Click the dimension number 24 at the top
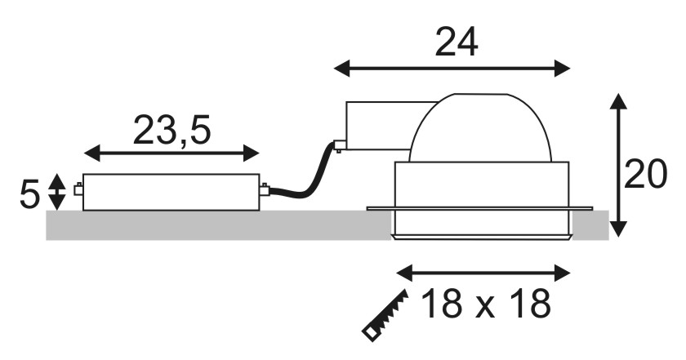pyautogui.click(x=457, y=42)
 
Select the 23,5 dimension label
pyautogui.click(x=172, y=130)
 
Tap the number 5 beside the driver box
pyautogui.click(x=29, y=194)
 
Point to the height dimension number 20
pyautogui.click(x=645, y=175)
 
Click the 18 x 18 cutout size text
pyautogui.click(x=486, y=304)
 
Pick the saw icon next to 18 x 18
pyautogui.click(x=385, y=315)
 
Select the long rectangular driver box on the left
pyautogui.click(x=171, y=192)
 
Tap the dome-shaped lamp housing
pyautogui.click(x=480, y=127)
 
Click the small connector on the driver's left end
pyautogui.click(x=78, y=190)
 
